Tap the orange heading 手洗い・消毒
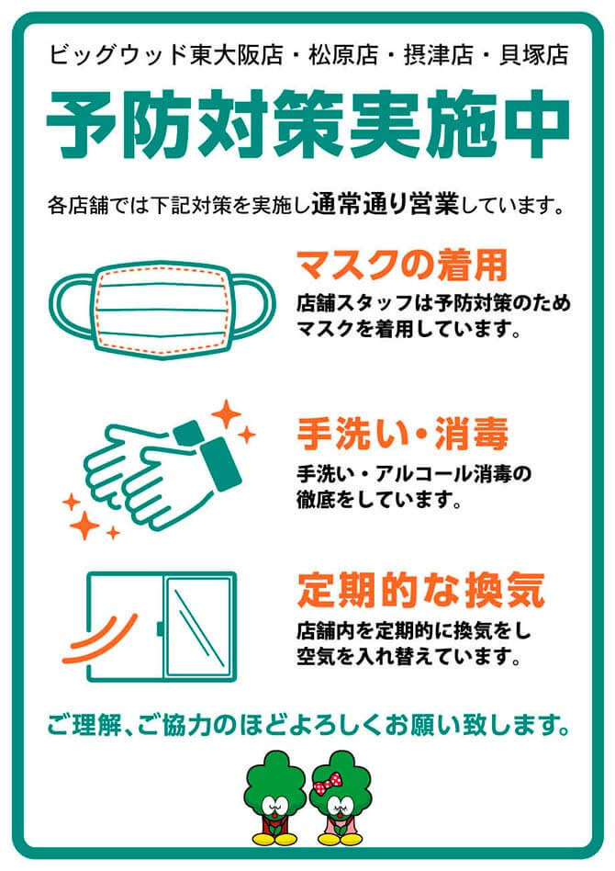(402, 433)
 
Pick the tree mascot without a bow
(273, 797)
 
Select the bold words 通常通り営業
(385, 202)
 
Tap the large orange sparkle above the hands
(224, 413)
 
